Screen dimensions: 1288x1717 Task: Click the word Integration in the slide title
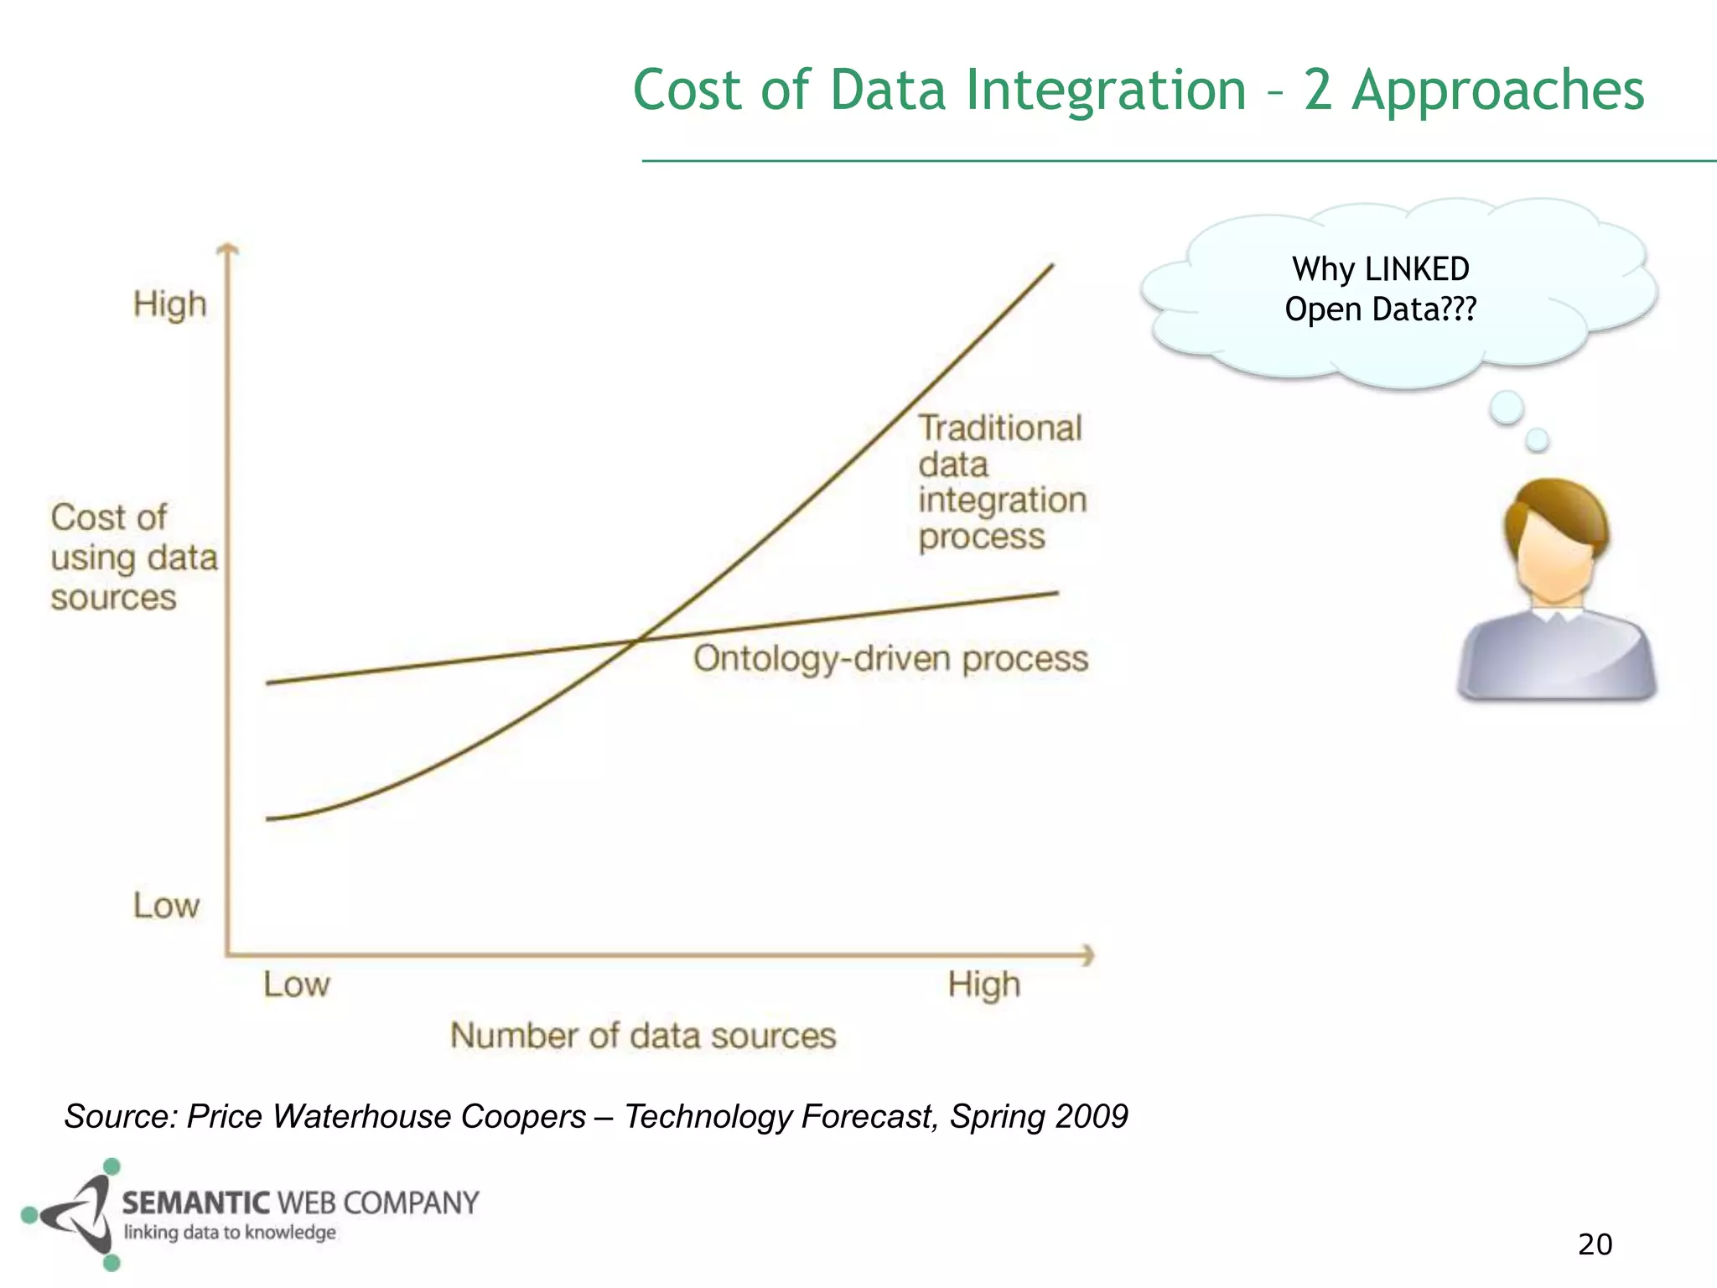click(x=1106, y=91)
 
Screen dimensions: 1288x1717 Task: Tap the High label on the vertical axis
click(x=169, y=304)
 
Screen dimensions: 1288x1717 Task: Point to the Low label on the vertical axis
click(x=166, y=906)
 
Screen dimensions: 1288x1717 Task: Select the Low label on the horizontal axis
click(x=296, y=984)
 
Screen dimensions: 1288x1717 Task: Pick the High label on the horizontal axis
click(x=983, y=984)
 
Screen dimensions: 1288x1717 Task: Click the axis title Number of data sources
click(x=643, y=1036)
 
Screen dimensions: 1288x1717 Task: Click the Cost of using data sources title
click(x=133, y=558)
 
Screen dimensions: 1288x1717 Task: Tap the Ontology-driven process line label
click(x=890, y=659)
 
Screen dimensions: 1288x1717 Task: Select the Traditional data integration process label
click(x=1001, y=482)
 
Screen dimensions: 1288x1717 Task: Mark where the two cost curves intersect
click(x=637, y=641)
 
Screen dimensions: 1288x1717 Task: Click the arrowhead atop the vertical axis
click(x=227, y=248)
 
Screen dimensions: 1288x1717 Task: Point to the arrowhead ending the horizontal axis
click(x=1089, y=955)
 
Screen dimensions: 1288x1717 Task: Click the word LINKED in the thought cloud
click(x=1416, y=270)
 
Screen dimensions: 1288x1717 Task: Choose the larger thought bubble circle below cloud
click(x=1506, y=408)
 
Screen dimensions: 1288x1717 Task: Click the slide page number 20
click(x=1595, y=1244)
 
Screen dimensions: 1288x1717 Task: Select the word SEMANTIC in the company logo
click(x=195, y=1203)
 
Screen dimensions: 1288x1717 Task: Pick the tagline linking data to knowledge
click(x=230, y=1233)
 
